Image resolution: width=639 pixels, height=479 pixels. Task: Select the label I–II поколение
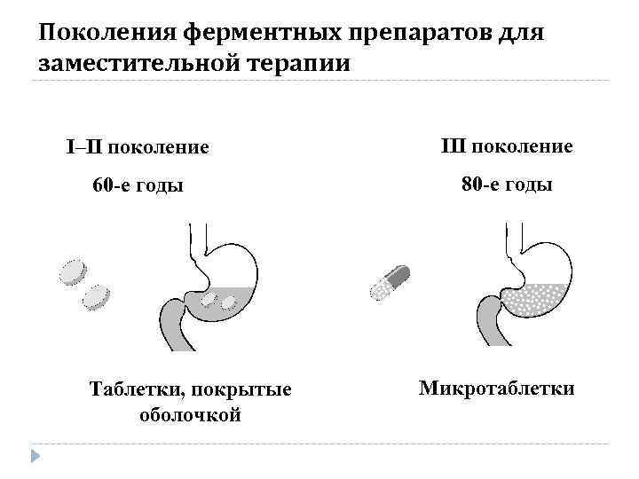coord(138,146)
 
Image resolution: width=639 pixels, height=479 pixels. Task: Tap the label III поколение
coord(507,145)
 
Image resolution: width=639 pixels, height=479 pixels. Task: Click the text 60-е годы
coord(138,186)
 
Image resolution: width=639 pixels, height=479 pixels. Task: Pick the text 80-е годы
coord(507,185)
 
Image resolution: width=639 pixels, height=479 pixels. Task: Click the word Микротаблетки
coord(497,389)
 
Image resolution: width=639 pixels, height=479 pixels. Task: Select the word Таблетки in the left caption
coord(128,391)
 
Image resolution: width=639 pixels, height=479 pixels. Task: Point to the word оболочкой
coord(190,414)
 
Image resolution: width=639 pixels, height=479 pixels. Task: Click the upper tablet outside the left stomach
coord(73,271)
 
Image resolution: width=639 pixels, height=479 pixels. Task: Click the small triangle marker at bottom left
coord(35,457)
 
